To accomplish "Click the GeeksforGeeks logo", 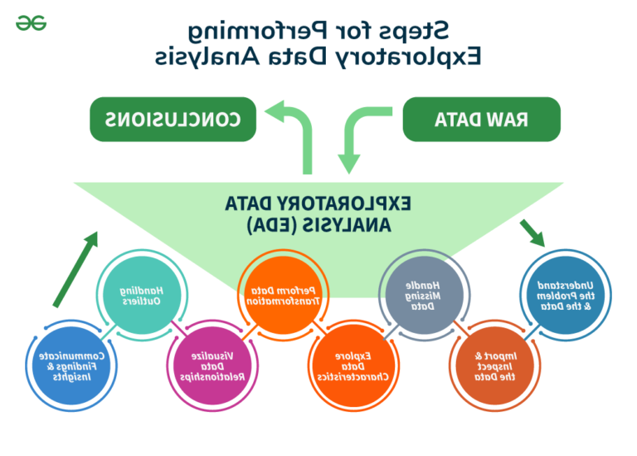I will (32, 22).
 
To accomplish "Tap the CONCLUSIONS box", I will (173, 120).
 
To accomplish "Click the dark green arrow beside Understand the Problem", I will (532, 233).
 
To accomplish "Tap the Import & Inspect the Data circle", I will (495, 365).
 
